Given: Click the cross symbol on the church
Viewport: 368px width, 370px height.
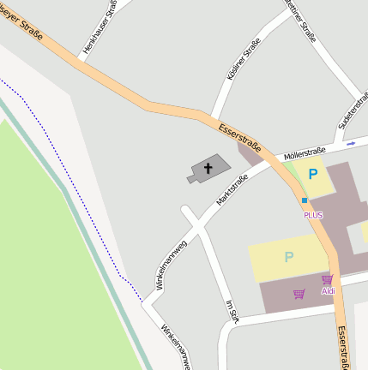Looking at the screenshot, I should click(208, 168).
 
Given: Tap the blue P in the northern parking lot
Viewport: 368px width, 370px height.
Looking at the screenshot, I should click(314, 173).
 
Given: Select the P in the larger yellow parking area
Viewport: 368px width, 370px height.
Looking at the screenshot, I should click(289, 257).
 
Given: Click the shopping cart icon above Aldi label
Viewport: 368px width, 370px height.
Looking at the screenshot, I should click(327, 279).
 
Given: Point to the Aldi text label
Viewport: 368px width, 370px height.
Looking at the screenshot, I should click(329, 291).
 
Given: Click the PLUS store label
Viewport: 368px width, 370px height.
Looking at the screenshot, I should click(313, 215).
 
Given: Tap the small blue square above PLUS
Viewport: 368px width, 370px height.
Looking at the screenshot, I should click(305, 200).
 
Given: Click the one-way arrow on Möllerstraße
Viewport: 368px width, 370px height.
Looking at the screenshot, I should click(350, 143).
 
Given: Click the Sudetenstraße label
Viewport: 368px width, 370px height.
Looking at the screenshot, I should click(353, 112).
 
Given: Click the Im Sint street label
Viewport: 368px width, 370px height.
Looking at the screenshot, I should click(229, 313).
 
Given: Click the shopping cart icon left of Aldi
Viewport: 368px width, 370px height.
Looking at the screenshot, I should click(299, 294).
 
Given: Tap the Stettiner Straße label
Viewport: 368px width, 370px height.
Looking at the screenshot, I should click(305, 19).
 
